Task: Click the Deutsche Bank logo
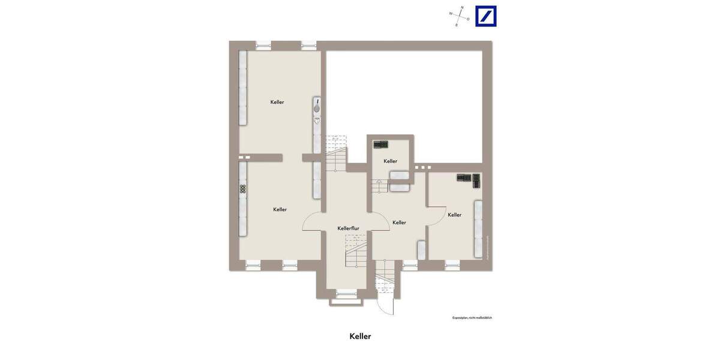click(485, 16)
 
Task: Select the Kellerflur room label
click(348, 229)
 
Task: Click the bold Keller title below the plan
click(360, 336)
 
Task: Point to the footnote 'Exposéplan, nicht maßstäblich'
click(472, 317)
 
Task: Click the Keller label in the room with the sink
click(277, 102)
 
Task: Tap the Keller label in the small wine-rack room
click(391, 161)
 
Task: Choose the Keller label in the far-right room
click(455, 215)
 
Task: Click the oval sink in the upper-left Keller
click(317, 109)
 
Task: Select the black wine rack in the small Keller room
click(381, 145)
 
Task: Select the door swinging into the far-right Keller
click(436, 215)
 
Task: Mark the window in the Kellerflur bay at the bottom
click(346, 293)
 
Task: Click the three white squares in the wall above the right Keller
click(422, 167)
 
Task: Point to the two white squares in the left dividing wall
click(244, 157)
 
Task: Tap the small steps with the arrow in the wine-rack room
click(379, 185)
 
